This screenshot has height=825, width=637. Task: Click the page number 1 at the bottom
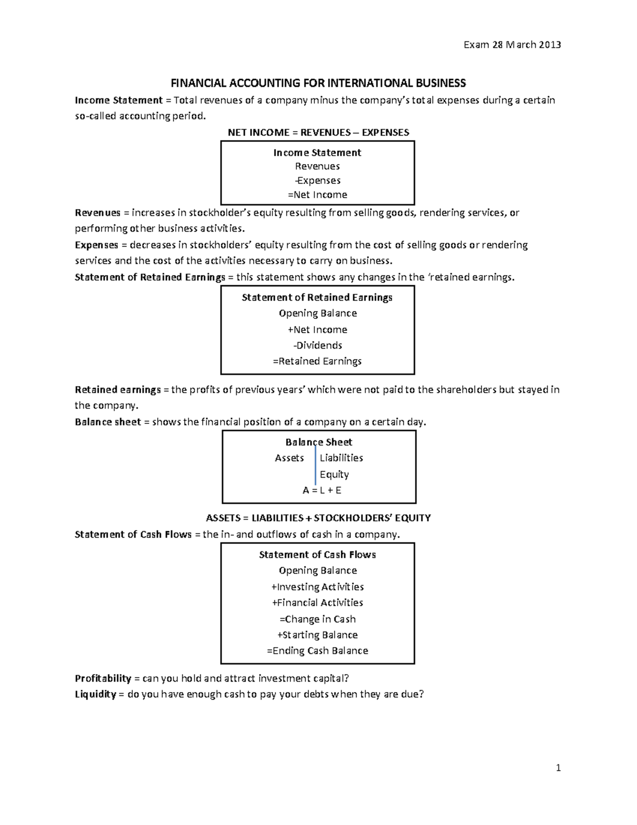pos(558,768)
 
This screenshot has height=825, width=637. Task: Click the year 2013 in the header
pos(550,45)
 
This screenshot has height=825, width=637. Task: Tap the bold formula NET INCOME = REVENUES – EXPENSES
pos(318,132)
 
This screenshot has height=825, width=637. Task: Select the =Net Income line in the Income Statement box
pos(317,195)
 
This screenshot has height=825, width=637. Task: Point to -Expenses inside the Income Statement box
pos(317,181)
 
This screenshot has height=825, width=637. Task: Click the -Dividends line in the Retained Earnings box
pos(317,345)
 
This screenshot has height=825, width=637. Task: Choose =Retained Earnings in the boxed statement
pos(317,361)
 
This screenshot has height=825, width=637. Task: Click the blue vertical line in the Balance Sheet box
pos(315,466)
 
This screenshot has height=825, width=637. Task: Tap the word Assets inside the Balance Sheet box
pos(289,458)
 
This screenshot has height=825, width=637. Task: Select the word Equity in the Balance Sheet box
pos(334,474)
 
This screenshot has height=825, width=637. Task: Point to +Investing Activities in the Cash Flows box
pos(317,587)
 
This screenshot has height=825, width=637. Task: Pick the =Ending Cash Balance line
pos(317,651)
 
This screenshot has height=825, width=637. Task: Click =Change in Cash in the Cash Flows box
pos(317,619)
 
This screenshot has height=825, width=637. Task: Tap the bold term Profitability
pos(103,678)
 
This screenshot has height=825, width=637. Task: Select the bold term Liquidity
pos(96,694)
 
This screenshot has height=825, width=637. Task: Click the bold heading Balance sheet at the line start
pos(108,422)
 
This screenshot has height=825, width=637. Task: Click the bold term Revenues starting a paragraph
pos(98,213)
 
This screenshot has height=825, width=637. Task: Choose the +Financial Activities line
pos(317,603)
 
